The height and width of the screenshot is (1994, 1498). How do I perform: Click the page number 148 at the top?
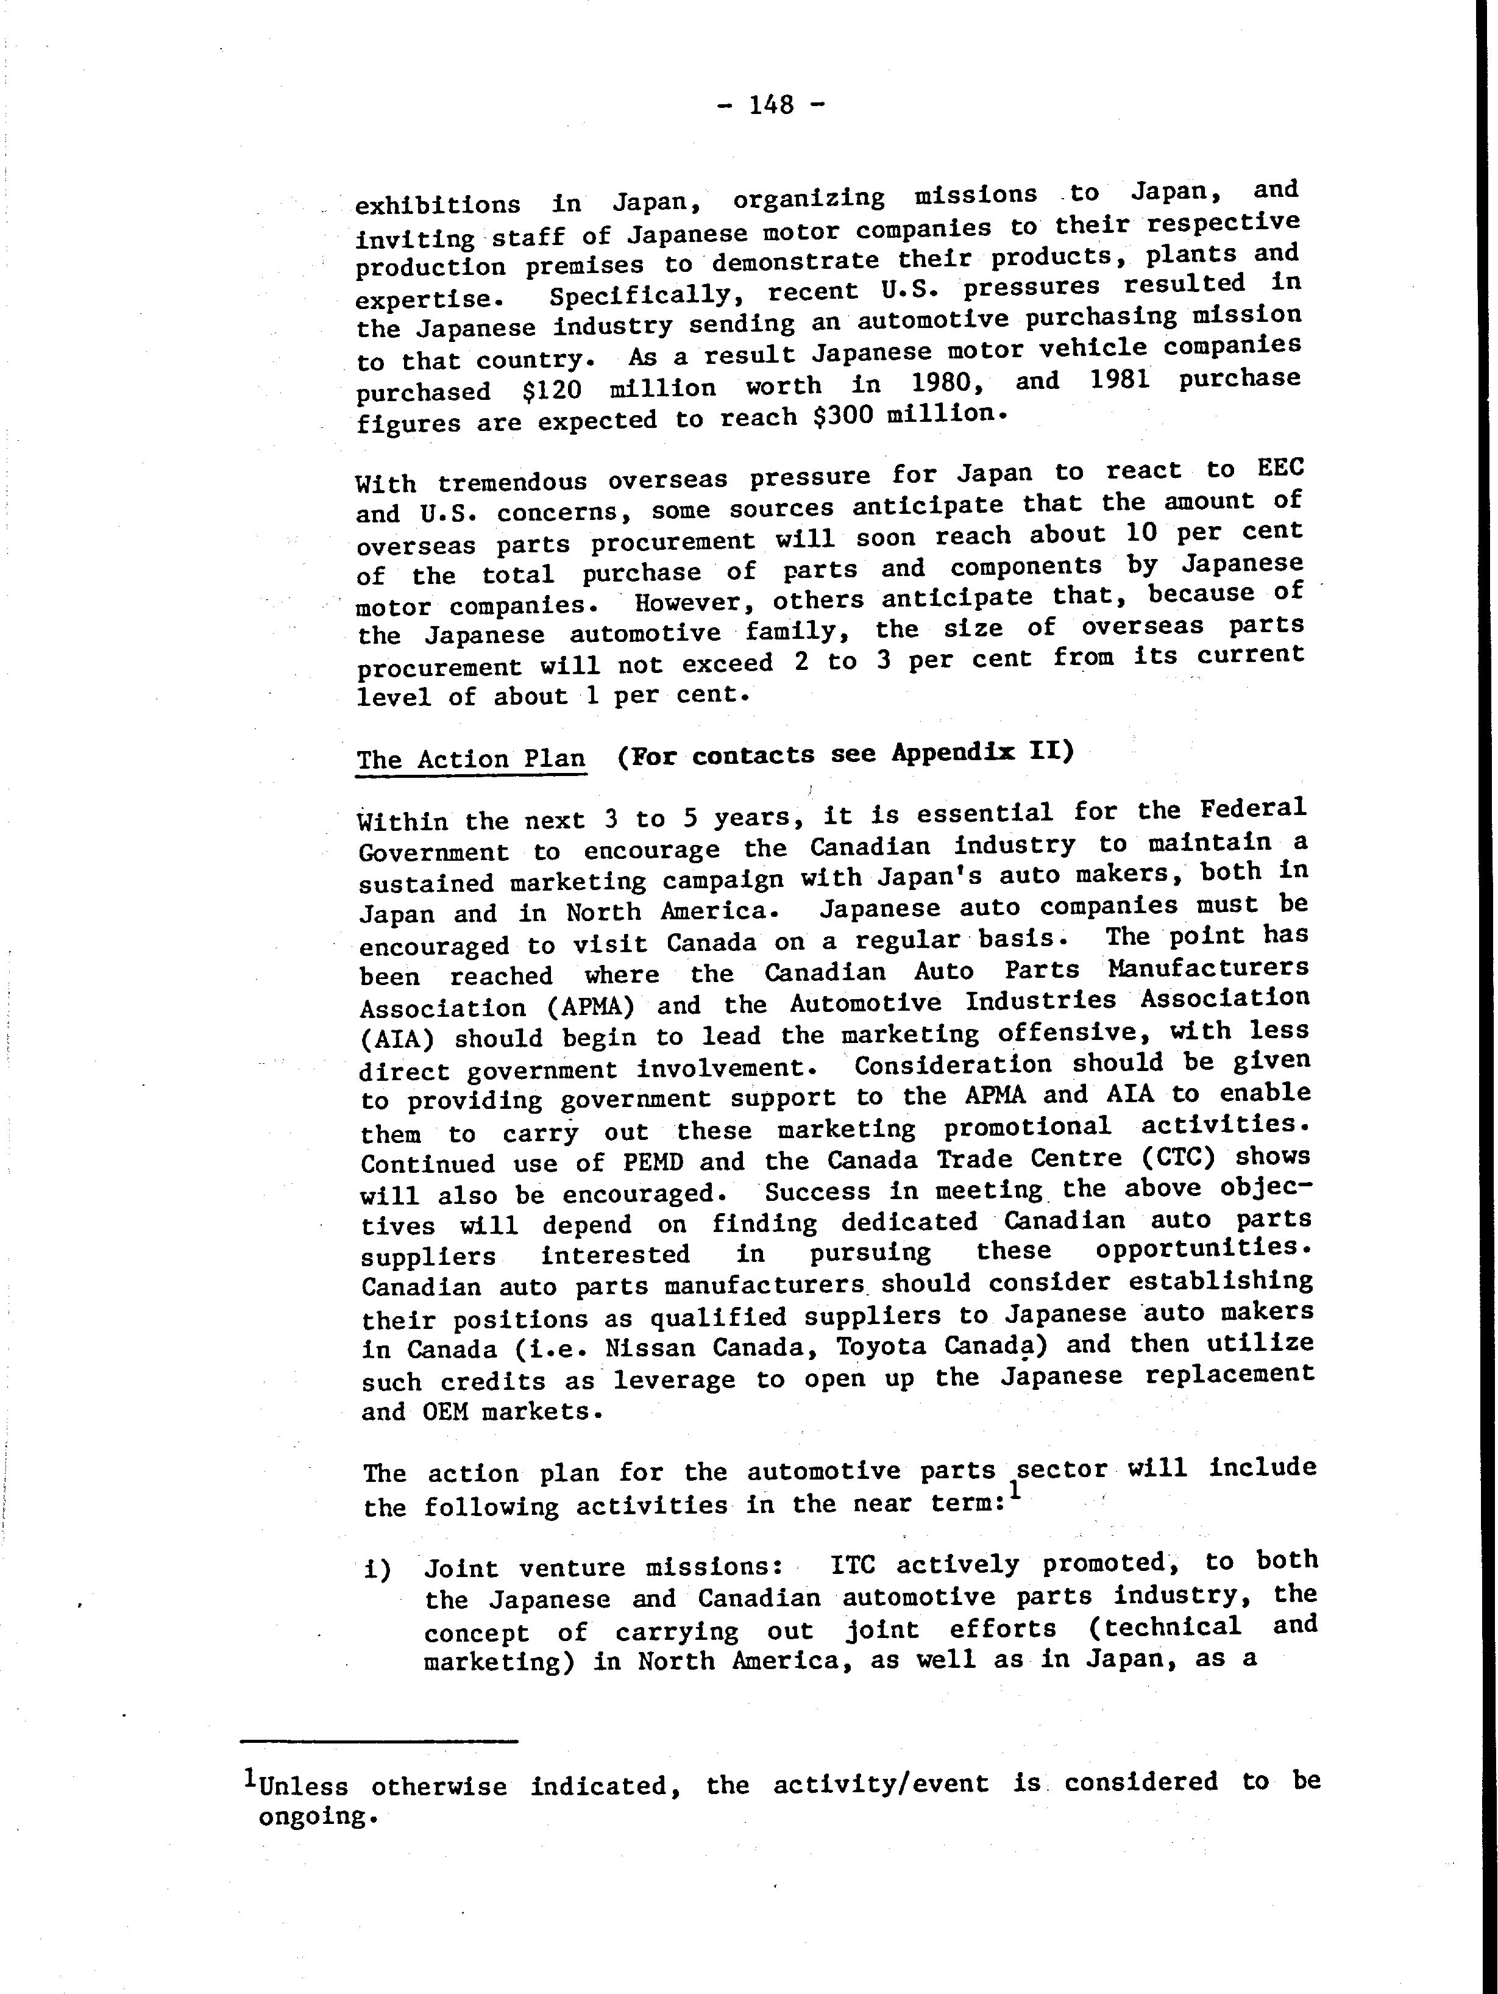[770, 105]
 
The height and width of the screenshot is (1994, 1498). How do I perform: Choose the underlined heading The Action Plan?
[470, 758]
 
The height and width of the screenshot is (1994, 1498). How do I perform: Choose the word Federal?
[1253, 808]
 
